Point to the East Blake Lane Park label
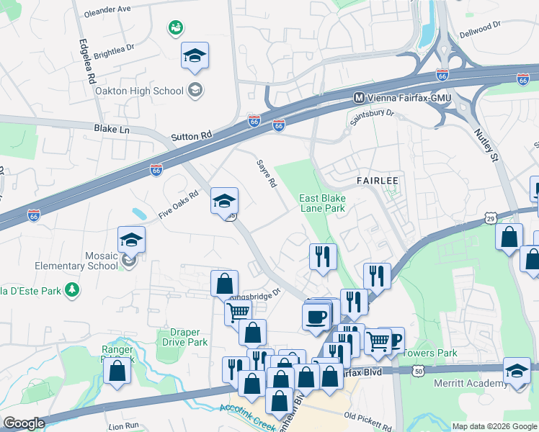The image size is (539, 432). (x=322, y=203)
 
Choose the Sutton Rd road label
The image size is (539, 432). (x=192, y=135)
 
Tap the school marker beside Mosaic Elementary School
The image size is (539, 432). (x=131, y=240)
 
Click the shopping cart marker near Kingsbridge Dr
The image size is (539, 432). (x=238, y=312)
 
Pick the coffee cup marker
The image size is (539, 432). (x=315, y=318)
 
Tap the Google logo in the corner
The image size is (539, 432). (x=23, y=423)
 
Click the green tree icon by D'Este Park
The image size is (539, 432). (x=71, y=289)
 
